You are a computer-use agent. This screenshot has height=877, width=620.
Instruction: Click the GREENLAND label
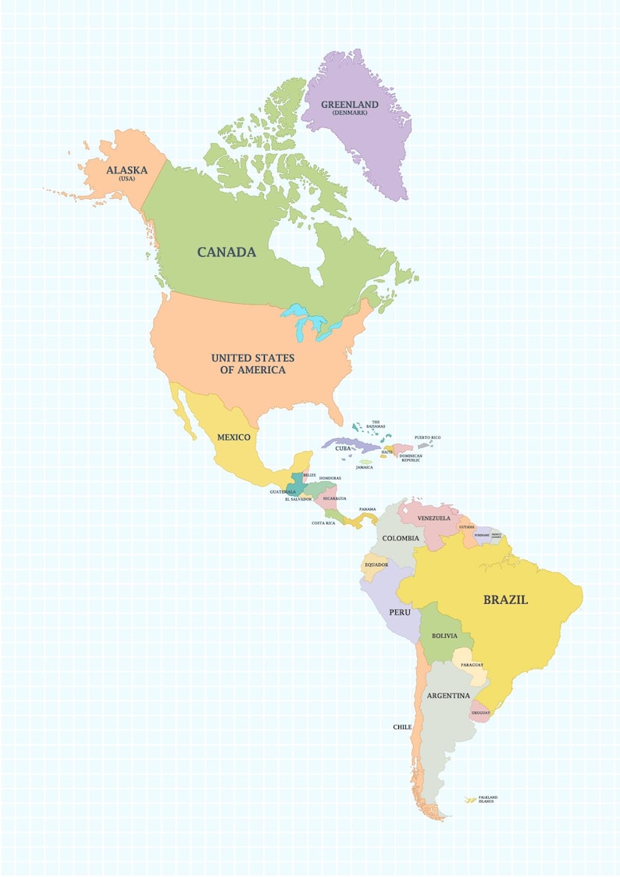click(350, 105)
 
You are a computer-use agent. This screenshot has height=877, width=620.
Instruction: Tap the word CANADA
click(226, 252)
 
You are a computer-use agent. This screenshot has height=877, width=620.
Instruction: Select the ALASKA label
click(126, 169)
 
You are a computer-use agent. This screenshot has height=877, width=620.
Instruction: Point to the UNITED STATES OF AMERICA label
click(252, 363)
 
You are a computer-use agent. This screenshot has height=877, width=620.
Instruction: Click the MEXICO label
click(233, 437)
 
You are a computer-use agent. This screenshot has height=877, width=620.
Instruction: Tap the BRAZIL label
click(505, 600)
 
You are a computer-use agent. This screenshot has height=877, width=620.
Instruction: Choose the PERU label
click(400, 612)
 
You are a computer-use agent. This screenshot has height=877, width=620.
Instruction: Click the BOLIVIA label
click(444, 636)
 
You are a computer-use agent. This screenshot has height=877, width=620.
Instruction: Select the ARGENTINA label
click(448, 695)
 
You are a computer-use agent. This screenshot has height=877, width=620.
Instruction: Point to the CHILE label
click(402, 727)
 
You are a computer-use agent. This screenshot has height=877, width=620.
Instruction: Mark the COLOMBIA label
click(400, 538)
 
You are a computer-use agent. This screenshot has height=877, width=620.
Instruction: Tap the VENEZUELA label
click(434, 519)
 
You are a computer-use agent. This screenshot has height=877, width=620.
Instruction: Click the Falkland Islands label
click(487, 799)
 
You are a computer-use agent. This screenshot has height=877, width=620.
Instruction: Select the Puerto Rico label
click(427, 437)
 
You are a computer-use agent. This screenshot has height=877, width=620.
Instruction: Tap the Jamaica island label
click(364, 467)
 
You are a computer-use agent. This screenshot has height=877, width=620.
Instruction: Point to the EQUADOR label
click(376, 565)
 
